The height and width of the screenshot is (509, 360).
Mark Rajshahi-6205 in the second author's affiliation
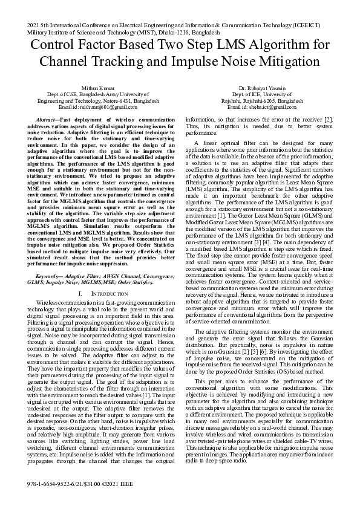point(236,101)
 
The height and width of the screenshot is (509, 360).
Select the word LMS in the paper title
point(233,46)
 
